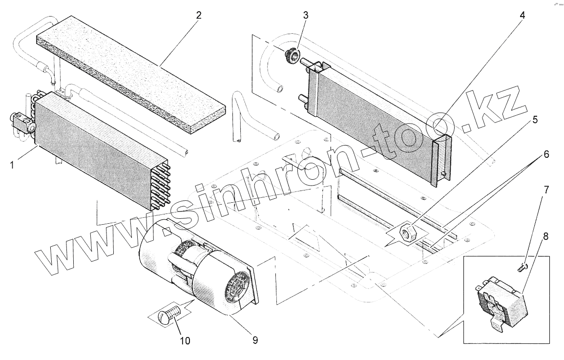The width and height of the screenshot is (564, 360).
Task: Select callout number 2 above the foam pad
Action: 198,15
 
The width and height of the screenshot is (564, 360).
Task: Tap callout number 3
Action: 306,15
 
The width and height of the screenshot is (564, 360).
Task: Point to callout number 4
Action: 522,15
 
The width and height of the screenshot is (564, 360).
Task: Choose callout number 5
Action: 535,119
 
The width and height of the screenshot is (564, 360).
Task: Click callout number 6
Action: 546,154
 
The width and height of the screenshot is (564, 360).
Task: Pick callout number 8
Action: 545,236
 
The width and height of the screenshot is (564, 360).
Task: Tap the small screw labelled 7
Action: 522,266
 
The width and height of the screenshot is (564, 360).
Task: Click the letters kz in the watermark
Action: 496,110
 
